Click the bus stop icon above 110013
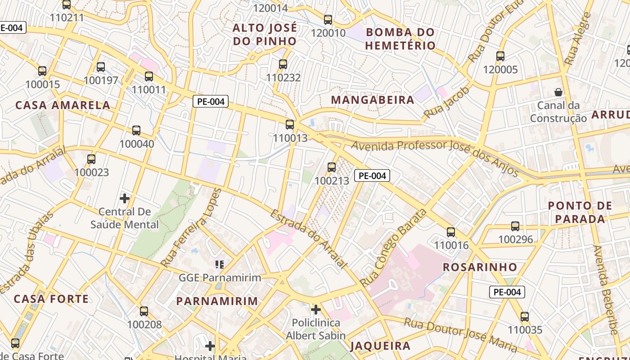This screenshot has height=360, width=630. (290, 125)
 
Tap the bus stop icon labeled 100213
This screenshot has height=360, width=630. (332, 167)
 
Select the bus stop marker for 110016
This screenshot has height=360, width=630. (451, 232)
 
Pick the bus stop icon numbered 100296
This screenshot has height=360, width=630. (515, 226)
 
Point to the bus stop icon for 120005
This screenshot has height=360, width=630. (500, 56)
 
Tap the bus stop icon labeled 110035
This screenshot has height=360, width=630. (525, 317)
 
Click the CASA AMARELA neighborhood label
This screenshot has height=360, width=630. (63, 105)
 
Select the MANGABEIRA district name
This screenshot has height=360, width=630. (373, 100)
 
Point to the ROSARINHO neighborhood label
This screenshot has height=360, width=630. (480, 267)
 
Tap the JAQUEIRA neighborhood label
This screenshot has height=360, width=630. (380, 346)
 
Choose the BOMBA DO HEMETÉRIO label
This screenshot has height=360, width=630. (400, 39)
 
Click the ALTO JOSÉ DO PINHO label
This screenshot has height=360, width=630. (265, 35)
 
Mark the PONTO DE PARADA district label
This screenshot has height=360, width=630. (580, 212)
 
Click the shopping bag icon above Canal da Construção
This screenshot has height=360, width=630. (558, 92)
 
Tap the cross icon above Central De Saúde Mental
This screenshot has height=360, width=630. (125, 198)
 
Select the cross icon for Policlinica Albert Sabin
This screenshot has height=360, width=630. (316, 310)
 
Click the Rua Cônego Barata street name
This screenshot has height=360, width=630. (393, 247)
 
